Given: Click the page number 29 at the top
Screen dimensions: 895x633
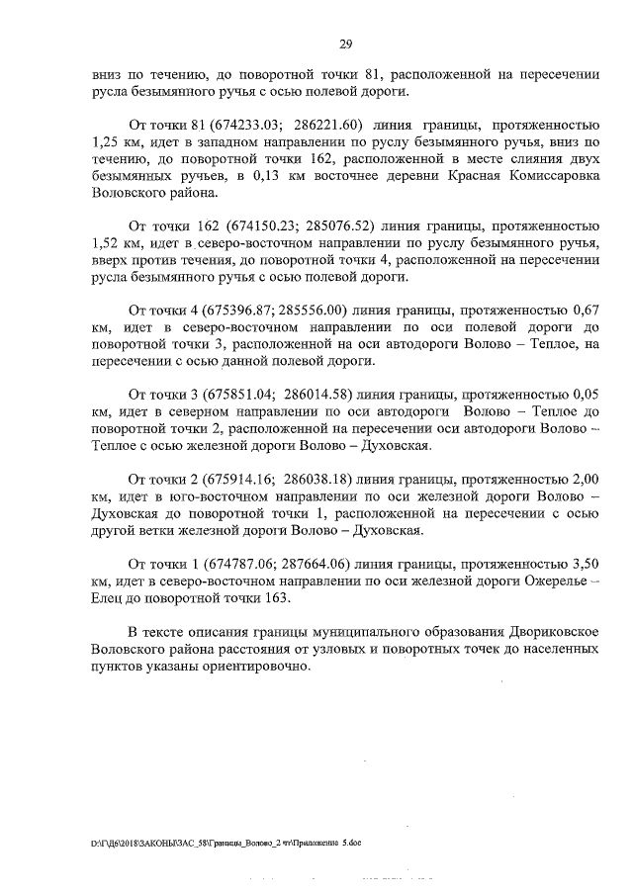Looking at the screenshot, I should click(346, 44).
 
